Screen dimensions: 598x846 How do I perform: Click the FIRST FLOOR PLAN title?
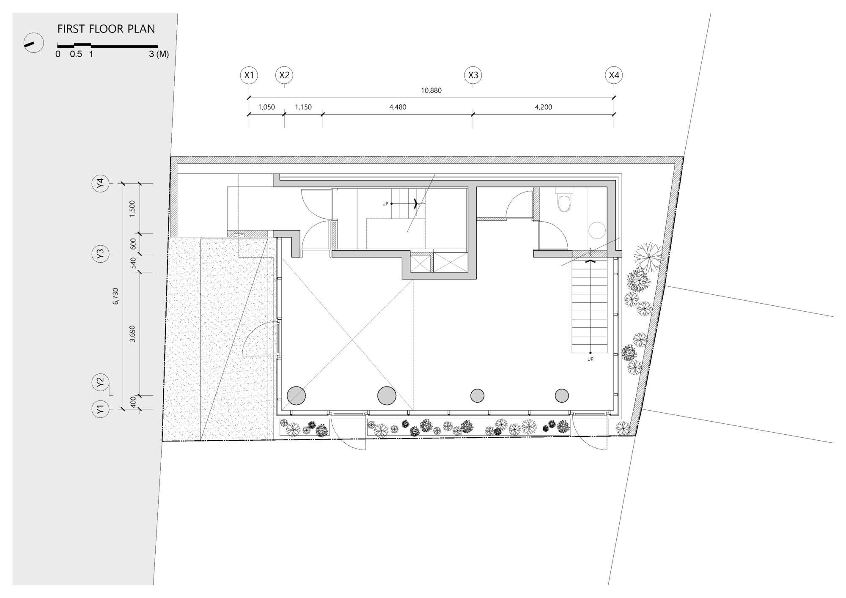106,29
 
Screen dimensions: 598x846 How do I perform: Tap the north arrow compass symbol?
33,43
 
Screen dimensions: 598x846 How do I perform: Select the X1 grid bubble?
249,75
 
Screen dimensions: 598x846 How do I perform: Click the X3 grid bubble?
473,75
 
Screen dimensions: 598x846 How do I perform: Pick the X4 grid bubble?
614,75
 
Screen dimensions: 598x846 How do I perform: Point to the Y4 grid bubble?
100,183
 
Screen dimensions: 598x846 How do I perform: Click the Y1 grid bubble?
100,409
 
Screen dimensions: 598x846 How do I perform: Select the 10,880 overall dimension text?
431,90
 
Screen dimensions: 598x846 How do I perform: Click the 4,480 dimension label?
398,107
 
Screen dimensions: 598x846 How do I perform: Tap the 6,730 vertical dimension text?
115,296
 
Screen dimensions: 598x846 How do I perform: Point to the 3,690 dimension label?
132,334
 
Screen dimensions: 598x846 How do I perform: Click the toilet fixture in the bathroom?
564,201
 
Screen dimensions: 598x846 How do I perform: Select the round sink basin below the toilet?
597,231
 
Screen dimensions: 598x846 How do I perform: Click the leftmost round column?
296,395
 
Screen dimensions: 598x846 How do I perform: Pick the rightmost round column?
562,396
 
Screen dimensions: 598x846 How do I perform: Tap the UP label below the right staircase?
590,359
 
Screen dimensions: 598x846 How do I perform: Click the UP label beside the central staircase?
385,204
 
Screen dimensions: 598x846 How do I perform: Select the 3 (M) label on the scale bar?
159,54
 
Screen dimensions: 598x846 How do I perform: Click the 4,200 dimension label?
543,107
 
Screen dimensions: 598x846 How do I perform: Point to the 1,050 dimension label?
266,107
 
